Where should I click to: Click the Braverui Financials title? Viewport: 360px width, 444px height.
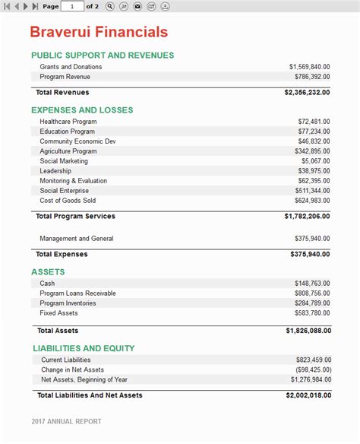click(x=99, y=33)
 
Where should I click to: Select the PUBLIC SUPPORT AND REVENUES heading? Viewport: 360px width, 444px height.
click(x=103, y=55)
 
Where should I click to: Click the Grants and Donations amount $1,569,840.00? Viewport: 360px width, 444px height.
click(x=309, y=67)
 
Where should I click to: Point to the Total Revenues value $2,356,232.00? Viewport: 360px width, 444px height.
click(x=307, y=93)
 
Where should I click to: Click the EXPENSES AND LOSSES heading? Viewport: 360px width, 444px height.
click(x=82, y=110)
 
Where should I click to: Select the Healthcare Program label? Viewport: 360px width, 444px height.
click(x=68, y=122)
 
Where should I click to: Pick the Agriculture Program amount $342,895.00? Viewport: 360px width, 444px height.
click(x=311, y=151)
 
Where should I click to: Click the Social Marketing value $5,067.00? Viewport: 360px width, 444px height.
click(x=315, y=161)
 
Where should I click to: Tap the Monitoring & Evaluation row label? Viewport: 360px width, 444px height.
click(x=74, y=181)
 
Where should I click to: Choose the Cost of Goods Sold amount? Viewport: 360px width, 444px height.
click(x=311, y=201)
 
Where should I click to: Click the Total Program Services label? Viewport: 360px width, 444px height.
click(x=75, y=217)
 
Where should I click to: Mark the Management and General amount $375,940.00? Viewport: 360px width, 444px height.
click(x=311, y=239)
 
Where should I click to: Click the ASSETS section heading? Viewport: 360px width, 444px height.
click(x=48, y=272)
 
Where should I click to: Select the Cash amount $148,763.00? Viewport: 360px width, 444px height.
click(x=311, y=284)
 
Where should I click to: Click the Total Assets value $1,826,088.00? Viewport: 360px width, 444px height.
click(x=308, y=331)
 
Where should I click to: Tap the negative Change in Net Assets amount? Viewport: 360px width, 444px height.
click(x=312, y=369)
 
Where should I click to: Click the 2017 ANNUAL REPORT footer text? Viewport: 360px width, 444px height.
click(x=66, y=421)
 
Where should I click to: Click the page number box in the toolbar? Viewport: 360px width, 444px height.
click(x=72, y=6)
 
